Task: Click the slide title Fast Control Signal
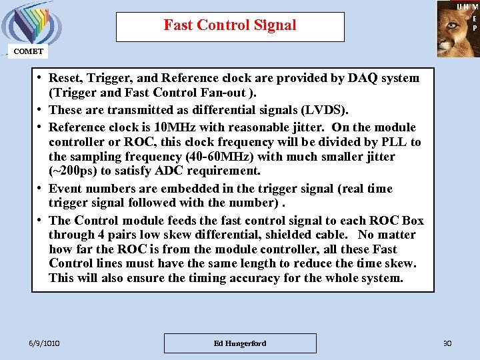click(230, 26)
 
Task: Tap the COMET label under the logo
click(28, 51)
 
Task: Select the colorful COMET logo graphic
click(29, 23)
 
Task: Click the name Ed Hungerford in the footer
click(240, 343)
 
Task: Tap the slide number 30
click(447, 343)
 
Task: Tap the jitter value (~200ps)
click(76, 171)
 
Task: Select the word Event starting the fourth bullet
click(67, 189)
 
